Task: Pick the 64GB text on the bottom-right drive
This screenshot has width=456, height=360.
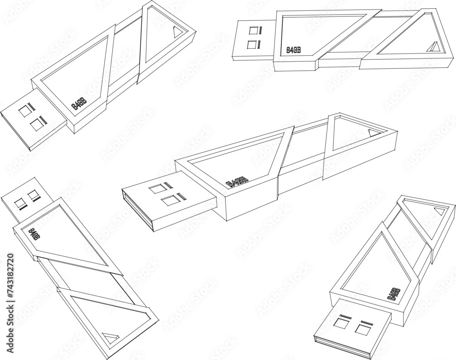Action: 394,293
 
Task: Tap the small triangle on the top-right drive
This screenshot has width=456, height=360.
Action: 433,47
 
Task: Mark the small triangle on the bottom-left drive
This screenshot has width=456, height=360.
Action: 111,338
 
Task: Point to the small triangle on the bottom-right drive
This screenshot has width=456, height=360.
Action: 440,211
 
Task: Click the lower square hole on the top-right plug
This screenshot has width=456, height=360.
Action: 251,45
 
